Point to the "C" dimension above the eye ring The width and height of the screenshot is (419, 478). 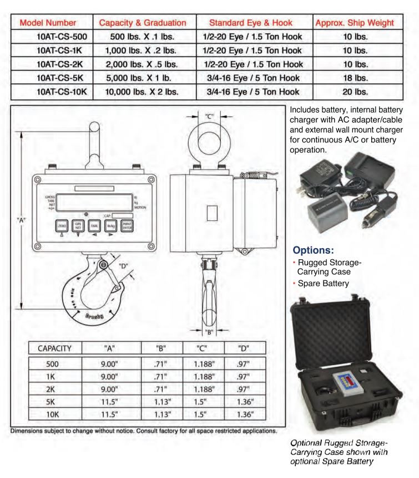(209, 116)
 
